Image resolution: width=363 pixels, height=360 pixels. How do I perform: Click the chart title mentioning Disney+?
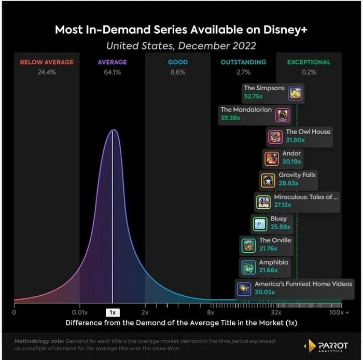(181, 30)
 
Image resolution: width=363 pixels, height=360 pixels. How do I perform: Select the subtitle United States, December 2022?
(181, 46)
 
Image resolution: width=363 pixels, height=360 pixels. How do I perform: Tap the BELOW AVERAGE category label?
(47, 62)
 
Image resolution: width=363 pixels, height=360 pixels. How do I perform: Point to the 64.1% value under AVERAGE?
(112, 72)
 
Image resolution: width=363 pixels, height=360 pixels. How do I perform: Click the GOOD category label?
(177, 62)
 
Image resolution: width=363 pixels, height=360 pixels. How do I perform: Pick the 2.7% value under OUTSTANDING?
(243, 72)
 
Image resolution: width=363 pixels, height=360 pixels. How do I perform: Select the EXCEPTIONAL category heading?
(309, 62)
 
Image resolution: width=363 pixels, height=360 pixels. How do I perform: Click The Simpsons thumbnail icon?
(295, 93)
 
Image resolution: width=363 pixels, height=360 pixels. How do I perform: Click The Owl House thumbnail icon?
(275, 137)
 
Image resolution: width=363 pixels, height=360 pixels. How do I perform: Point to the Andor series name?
(291, 153)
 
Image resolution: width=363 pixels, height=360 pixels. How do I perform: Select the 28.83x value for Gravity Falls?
(289, 183)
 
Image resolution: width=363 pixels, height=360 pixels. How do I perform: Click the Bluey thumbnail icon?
(259, 224)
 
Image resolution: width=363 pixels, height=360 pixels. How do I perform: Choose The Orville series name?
(275, 240)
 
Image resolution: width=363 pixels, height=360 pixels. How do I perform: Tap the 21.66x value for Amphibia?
(269, 270)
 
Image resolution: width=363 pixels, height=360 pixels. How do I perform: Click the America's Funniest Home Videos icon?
(243, 289)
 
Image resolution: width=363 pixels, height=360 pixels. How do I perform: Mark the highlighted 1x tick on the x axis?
(113, 312)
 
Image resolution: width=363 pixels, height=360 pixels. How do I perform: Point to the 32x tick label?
(276, 312)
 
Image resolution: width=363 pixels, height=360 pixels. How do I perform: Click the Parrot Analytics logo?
(327, 345)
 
